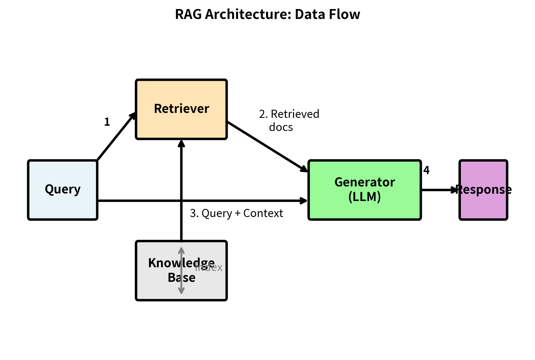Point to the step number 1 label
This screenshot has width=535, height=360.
tap(107, 122)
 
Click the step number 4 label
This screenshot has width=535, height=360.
tap(426, 170)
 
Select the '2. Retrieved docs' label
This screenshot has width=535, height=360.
tap(289, 120)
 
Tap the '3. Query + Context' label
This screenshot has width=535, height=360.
tap(236, 213)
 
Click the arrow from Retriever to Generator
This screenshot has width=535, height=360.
tap(267, 147)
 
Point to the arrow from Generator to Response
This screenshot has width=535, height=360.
tap(439, 190)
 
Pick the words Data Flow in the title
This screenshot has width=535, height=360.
tap(327, 14)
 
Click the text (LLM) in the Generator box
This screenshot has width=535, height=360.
tap(365, 197)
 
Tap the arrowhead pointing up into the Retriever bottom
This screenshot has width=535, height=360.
tap(181, 144)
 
